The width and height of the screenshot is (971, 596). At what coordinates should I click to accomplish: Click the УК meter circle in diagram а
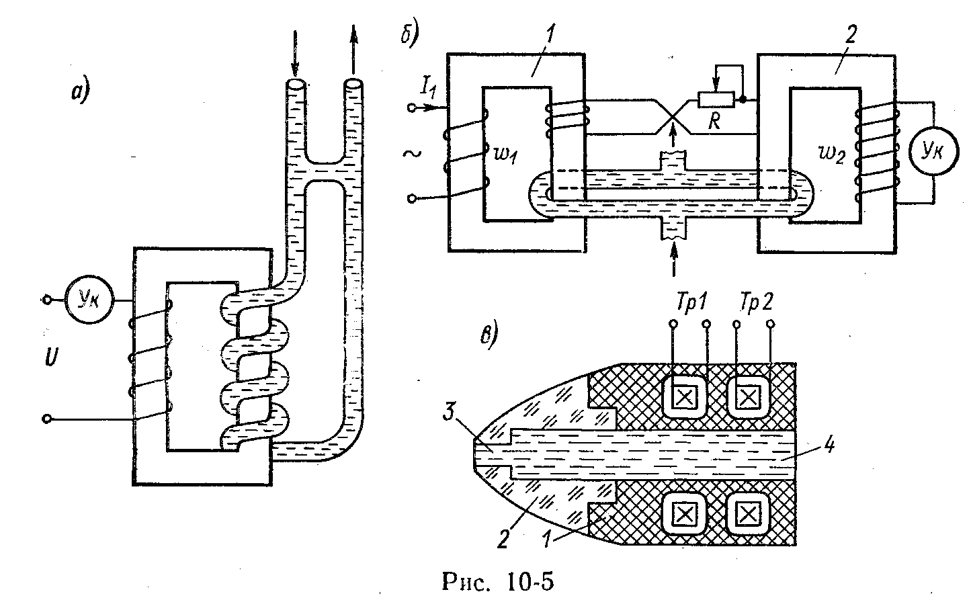(89, 299)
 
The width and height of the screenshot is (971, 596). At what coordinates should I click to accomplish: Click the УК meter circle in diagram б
(933, 151)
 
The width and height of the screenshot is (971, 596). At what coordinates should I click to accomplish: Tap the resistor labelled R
(716, 99)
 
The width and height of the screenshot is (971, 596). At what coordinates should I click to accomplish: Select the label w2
(831, 155)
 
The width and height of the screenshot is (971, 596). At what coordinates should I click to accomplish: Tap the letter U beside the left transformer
(50, 356)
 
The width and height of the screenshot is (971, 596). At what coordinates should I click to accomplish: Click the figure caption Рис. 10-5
(498, 581)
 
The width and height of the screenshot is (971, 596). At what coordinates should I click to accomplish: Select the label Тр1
(692, 302)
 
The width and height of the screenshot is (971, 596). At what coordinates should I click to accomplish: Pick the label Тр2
(757, 302)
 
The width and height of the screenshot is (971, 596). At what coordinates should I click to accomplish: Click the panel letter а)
(81, 93)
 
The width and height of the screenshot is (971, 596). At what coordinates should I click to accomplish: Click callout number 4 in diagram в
(829, 445)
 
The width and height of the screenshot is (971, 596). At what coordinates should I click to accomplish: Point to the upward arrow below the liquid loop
(673, 259)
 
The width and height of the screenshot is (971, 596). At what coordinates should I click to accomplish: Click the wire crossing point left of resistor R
(673, 117)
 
